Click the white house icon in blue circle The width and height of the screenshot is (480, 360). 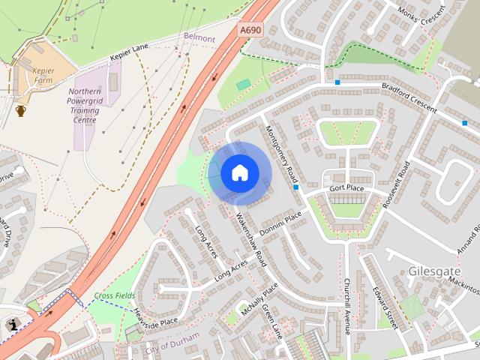tap(239, 173)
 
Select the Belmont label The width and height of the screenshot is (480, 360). tap(199, 37)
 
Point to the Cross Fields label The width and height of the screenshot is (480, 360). tap(115, 296)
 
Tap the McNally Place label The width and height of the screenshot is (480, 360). tap(259, 296)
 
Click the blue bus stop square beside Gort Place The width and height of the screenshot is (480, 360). tap(298, 187)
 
